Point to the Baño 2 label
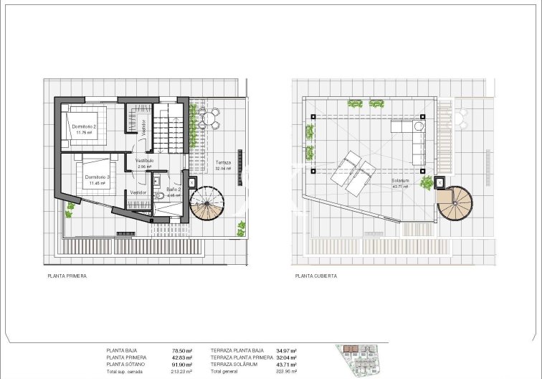(174, 190)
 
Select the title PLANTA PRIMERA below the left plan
(67, 276)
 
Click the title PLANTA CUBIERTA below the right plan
(315, 276)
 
